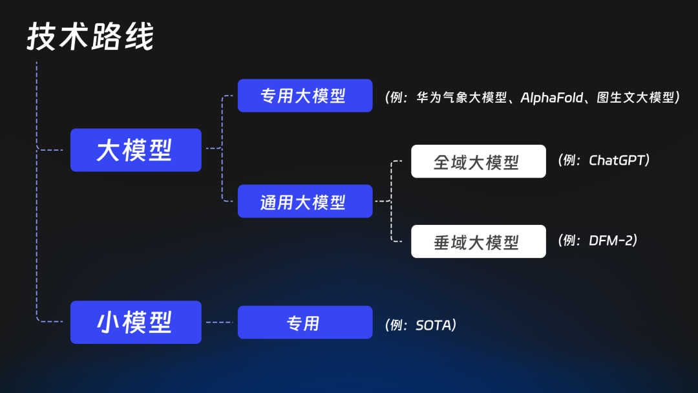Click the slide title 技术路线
click(90, 36)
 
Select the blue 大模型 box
click(136, 150)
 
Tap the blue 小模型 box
click(136, 323)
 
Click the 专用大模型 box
click(305, 96)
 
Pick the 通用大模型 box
click(305, 201)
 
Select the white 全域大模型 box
click(478, 161)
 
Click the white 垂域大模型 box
click(478, 241)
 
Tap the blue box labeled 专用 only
click(305, 323)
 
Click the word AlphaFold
click(552, 98)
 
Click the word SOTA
click(434, 325)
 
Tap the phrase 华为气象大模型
click(461, 98)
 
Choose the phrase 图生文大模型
click(636, 98)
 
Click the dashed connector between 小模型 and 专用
click(220, 323)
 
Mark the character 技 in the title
click(42, 36)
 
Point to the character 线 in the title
click(140, 36)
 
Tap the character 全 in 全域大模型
click(442, 162)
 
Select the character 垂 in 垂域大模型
click(442, 242)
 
